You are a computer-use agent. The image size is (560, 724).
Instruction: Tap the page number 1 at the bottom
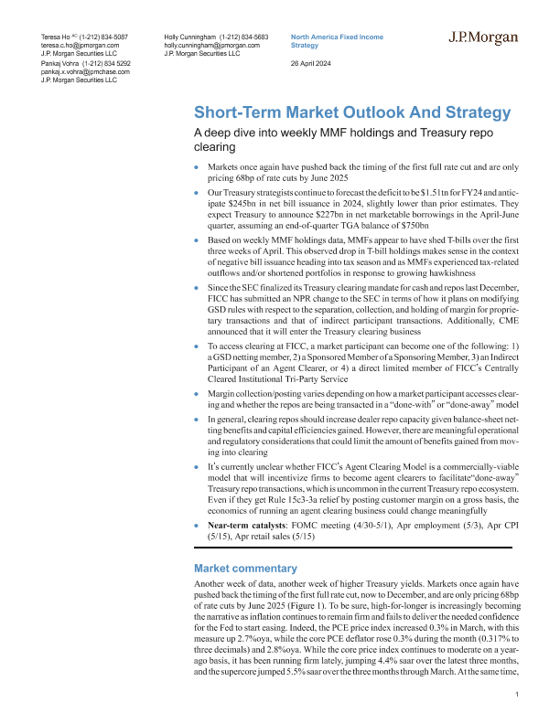(517, 696)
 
